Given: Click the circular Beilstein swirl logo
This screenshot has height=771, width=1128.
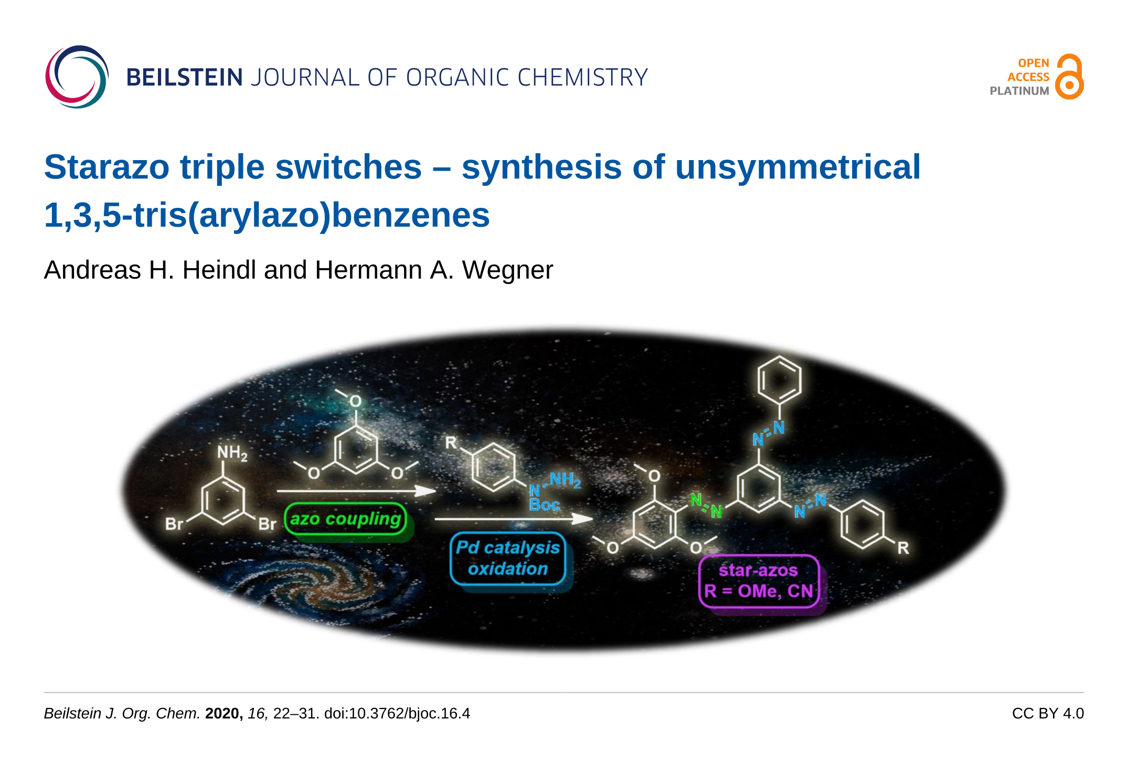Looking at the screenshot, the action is (x=77, y=77).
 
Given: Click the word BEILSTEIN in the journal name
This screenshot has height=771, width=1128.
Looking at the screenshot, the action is (x=185, y=78).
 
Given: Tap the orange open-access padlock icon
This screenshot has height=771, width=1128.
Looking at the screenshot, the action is (x=1069, y=77).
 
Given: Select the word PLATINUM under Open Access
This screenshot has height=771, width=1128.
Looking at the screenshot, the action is (x=1019, y=91).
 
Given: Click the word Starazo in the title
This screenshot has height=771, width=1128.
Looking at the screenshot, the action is (x=107, y=167).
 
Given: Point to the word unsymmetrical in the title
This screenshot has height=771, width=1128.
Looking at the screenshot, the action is (x=797, y=167).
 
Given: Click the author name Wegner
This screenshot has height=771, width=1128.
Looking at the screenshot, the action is (x=507, y=271).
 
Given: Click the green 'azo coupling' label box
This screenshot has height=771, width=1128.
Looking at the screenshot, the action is (x=345, y=519).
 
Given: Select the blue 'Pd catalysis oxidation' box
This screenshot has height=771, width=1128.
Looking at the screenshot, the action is (x=508, y=558).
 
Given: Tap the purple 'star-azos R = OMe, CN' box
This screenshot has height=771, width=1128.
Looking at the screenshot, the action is (x=759, y=581).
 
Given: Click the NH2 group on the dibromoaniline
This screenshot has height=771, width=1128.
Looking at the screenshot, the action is (x=232, y=453).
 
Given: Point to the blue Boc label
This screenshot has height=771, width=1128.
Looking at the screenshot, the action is (x=544, y=505).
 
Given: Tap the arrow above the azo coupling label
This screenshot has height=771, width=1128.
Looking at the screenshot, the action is (x=356, y=491).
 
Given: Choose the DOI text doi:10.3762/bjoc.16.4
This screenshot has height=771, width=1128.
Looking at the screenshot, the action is (x=397, y=714).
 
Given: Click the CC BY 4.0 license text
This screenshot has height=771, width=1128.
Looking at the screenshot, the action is (x=1048, y=714).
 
